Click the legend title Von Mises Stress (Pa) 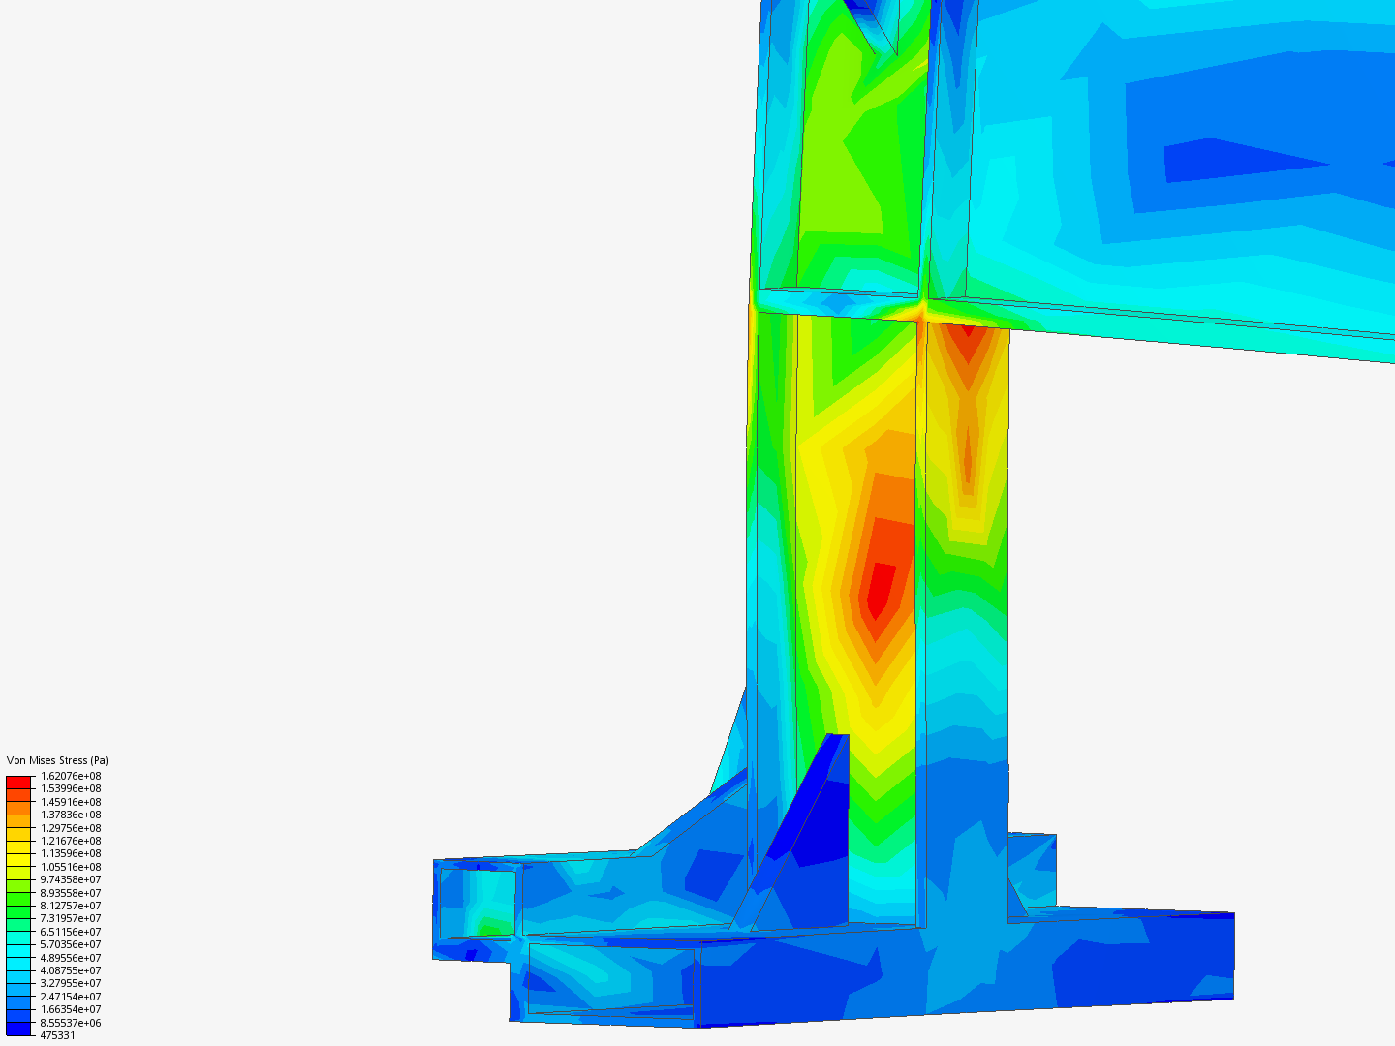tap(57, 760)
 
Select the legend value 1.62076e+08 tap(71, 776)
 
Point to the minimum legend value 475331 tap(57, 1036)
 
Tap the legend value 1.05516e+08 tap(71, 867)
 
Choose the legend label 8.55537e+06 tap(71, 1023)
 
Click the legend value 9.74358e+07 tap(71, 879)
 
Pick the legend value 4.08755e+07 tap(71, 970)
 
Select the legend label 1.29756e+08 tap(71, 828)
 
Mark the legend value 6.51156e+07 tap(71, 932)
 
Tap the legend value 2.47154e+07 tap(71, 997)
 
